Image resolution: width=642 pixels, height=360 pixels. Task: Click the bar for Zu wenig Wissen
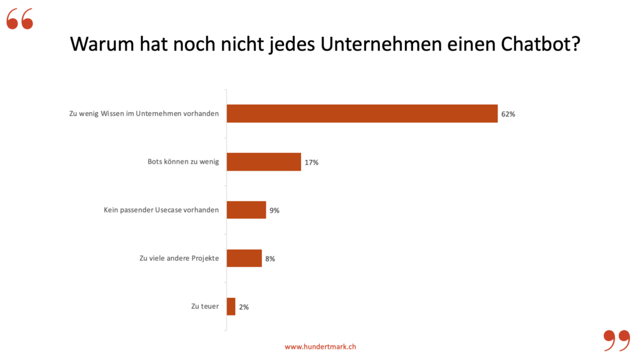[x=362, y=114]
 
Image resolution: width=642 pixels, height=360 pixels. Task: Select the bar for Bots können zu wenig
[x=263, y=162]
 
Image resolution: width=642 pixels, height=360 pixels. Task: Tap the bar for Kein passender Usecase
[x=246, y=210]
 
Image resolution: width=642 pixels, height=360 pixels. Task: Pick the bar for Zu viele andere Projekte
[x=244, y=258]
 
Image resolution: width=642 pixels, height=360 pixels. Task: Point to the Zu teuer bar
[x=231, y=307]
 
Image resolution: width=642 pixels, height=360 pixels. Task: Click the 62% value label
[x=508, y=114]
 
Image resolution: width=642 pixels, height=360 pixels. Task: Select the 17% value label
[x=312, y=162]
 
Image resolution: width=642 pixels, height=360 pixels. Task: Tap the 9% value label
[x=275, y=211]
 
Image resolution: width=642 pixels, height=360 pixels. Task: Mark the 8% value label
[x=270, y=258]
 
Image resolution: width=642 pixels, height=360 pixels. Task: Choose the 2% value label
[x=244, y=307]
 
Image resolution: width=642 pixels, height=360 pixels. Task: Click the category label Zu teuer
[x=205, y=307]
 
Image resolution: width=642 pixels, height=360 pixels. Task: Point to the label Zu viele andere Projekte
[x=179, y=258]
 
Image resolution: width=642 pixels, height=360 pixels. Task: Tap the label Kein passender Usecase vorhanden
[x=161, y=210]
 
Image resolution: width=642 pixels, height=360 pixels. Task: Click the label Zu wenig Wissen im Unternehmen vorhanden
[x=144, y=114]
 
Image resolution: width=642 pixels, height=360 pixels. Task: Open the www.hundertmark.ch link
[x=320, y=347]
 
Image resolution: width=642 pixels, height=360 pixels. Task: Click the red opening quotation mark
[x=19, y=20]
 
